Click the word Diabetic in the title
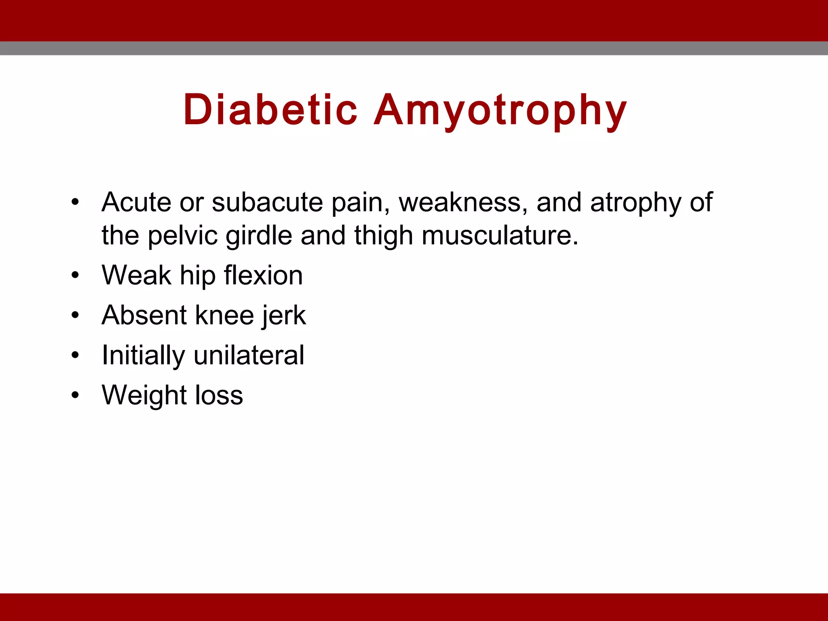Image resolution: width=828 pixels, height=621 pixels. (270, 110)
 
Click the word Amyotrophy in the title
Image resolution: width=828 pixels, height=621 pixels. (500, 110)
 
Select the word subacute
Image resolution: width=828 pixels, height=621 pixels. (267, 202)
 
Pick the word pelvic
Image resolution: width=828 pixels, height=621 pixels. (183, 236)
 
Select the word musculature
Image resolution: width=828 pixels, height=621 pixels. (500, 236)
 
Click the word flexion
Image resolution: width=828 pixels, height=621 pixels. (263, 275)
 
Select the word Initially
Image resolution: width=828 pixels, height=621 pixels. (143, 355)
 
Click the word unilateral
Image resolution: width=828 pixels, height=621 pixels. (249, 355)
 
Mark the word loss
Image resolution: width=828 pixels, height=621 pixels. (219, 395)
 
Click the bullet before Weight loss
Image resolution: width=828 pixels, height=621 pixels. (75, 395)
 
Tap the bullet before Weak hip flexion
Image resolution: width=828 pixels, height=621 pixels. (75, 275)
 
